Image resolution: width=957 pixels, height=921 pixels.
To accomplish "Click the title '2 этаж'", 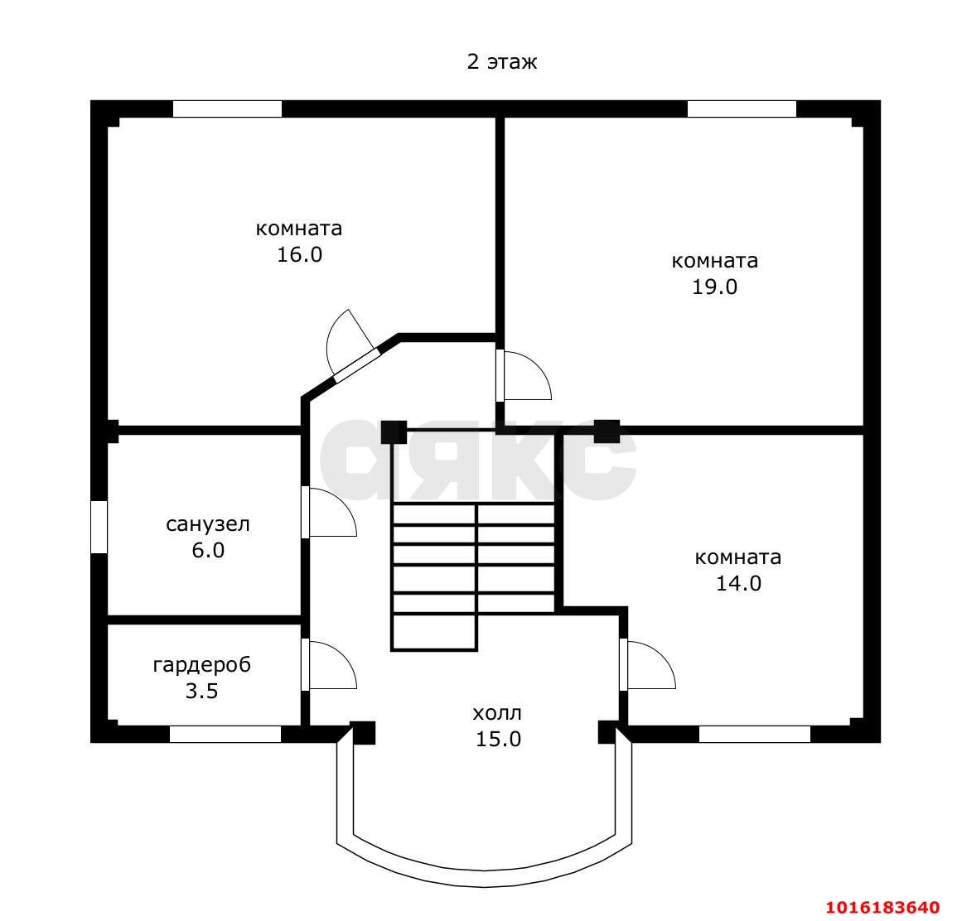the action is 501,62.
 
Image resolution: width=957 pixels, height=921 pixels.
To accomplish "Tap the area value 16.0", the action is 299,254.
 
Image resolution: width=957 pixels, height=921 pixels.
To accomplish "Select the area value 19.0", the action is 714,287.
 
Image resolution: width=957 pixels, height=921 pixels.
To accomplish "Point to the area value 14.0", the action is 738,583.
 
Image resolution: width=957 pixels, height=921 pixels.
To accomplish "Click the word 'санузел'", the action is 208,524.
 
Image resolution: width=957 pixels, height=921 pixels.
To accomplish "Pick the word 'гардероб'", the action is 202,665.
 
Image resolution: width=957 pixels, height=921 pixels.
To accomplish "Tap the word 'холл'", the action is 497,713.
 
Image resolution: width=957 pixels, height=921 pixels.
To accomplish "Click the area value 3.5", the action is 202,691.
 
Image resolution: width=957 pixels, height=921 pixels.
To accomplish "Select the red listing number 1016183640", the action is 883,906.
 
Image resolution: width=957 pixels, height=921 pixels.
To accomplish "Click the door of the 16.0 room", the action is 349,345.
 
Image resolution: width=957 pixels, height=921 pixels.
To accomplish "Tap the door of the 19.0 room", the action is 524,376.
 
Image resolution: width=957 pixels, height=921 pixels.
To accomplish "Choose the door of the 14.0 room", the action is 647,664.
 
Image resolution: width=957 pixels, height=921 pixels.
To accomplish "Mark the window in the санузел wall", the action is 99,527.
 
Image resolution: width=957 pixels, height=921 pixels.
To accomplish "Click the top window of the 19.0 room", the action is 742,108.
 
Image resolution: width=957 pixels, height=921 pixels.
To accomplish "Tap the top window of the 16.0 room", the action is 227,108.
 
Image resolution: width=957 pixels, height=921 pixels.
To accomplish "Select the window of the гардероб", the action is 225,735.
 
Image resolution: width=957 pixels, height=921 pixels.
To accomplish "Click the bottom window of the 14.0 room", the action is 754,735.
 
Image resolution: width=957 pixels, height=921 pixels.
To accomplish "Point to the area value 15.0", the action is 498,740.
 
